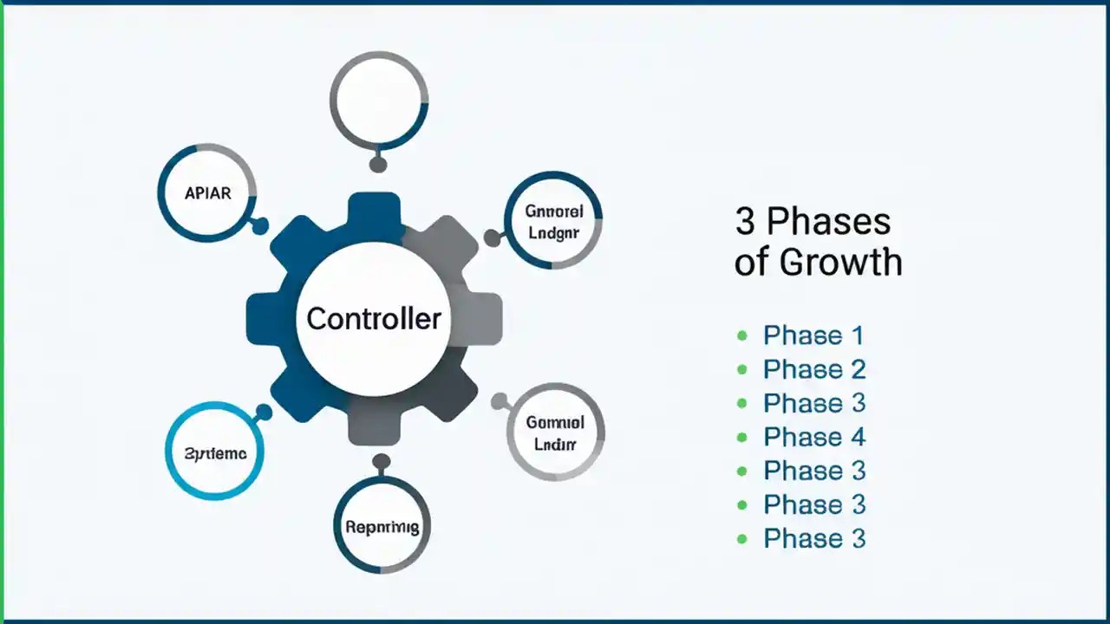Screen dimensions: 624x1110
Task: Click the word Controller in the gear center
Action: tap(374, 319)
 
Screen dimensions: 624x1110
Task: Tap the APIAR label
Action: tap(208, 193)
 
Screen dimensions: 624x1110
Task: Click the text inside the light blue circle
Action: tap(215, 453)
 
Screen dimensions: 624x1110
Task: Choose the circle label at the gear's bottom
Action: tap(382, 526)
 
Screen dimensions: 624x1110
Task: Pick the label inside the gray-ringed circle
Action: tap(555, 433)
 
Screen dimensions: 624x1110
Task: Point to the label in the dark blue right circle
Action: tap(553, 222)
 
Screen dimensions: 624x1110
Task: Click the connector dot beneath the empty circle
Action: tap(377, 164)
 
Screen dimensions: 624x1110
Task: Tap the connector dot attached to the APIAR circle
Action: tap(258, 226)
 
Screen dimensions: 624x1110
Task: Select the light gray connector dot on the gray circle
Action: tap(499, 401)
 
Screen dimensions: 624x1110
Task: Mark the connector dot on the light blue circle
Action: tap(264, 413)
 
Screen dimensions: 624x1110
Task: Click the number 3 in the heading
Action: tap(745, 222)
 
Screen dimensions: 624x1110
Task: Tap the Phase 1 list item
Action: tap(813, 335)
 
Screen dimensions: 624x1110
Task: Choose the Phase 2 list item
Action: tap(813, 369)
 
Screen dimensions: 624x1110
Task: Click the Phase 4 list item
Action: tap(813, 437)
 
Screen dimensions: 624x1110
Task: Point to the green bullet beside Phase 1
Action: tap(741, 335)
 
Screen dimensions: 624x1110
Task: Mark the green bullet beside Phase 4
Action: tap(741, 437)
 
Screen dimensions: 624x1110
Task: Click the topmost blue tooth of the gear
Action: tap(374, 213)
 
